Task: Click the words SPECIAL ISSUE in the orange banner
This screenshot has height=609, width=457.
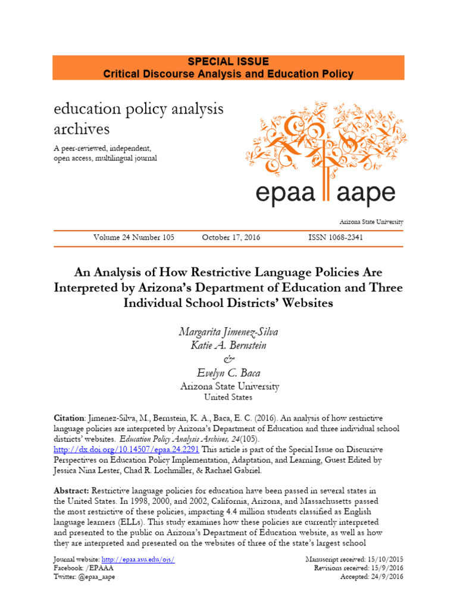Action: tap(228, 62)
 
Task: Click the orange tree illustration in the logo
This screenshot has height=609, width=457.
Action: tap(324, 137)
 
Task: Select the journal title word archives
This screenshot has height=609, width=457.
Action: tap(82, 128)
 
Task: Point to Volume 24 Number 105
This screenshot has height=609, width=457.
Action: tap(134, 237)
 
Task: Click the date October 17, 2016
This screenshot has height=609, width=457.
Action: tap(231, 237)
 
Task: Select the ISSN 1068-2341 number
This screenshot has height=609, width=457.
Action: tap(336, 237)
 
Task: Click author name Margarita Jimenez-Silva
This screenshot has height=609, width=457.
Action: tap(228, 332)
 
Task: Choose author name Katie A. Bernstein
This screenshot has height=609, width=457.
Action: tap(228, 346)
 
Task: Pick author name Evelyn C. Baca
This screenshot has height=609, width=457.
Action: tap(228, 372)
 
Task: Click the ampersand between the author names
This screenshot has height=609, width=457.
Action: tap(228, 359)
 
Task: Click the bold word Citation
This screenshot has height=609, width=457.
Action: tap(70, 418)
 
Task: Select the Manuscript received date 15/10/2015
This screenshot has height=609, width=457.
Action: tap(384, 560)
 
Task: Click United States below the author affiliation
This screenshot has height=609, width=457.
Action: tap(228, 397)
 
